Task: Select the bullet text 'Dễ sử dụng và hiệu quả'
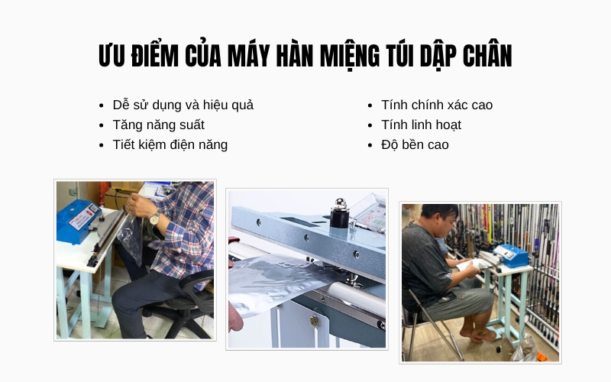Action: tap(183, 105)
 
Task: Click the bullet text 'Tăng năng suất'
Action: tap(158, 125)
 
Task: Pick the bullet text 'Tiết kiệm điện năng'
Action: tap(170, 144)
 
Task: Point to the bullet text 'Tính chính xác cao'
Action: tap(437, 105)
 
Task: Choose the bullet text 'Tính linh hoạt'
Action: tap(421, 125)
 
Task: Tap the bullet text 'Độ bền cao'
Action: tap(415, 144)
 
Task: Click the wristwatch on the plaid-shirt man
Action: tap(154, 219)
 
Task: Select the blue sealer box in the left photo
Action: tap(79, 222)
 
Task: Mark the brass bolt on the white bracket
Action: tap(314, 321)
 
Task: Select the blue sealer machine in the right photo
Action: tap(509, 255)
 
